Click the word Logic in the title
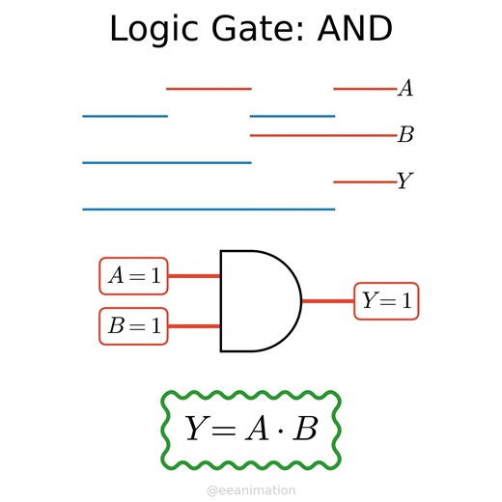pos(151,29)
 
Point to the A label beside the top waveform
pos(405,89)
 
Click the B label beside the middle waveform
pos(405,135)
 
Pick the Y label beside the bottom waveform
pos(405,181)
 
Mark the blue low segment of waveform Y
pos(208,209)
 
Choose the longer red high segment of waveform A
pos(209,89)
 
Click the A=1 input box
pos(134,276)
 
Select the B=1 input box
pos(134,326)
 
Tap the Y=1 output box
pos(387,301)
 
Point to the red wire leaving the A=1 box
pos(194,276)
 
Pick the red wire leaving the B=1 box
pos(194,326)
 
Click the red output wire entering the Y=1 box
pos(327,301)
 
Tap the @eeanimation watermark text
pos(251,490)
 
